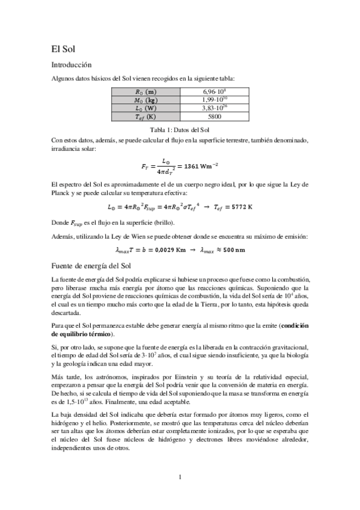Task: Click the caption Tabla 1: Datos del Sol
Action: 180,129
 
